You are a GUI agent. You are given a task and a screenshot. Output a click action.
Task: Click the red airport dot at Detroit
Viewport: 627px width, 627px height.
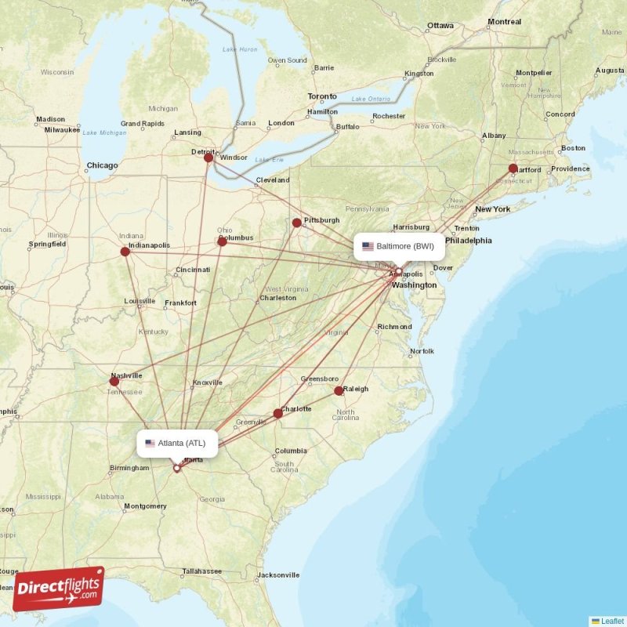(208, 158)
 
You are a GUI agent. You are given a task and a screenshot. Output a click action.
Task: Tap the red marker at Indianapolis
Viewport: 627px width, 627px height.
(125, 252)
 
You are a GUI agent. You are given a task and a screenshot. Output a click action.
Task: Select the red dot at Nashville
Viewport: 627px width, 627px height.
(114, 382)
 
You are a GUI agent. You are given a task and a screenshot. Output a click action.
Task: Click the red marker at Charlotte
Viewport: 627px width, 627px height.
(277, 413)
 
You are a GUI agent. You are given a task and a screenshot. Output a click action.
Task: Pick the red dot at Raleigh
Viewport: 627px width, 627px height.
(339, 390)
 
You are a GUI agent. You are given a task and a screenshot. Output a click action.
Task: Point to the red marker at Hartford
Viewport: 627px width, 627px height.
(513, 168)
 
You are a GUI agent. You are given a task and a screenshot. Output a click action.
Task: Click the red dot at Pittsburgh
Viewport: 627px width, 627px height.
(296, 223)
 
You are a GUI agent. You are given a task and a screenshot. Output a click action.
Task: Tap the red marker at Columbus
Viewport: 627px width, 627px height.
(222, 241)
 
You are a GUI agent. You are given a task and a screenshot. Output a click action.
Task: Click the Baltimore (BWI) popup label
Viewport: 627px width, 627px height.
(399, 246)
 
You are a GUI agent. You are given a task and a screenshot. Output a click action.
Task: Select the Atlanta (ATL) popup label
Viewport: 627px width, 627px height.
(177, 443)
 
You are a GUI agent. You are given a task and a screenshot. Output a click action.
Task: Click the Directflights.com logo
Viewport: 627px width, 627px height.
(58, 589)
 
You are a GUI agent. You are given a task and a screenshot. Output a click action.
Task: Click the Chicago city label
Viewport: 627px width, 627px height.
(102, 165)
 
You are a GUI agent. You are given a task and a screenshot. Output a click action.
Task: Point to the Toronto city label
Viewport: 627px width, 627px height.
(322, 96)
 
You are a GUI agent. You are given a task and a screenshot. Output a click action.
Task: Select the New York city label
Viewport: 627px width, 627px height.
(492, 209)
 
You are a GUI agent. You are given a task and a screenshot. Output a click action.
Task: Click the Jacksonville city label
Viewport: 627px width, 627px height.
(278, 574)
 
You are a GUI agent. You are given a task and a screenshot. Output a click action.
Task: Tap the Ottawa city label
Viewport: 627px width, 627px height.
(440, 25)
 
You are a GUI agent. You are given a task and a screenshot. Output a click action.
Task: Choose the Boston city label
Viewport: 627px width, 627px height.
(573, 148)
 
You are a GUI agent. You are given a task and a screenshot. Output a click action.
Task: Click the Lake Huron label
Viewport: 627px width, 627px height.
(240, 49)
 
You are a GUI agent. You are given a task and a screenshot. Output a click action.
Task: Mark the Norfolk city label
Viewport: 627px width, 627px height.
(422, 351)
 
